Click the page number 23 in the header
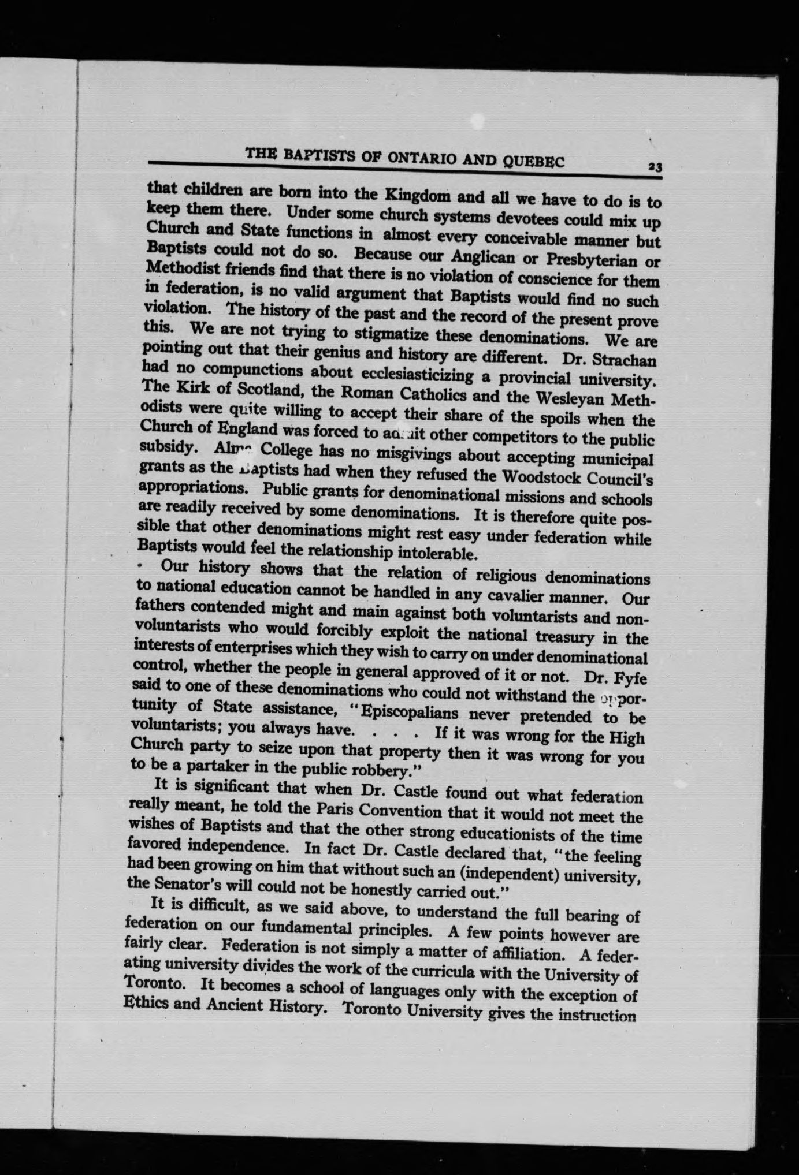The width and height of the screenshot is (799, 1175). [655, 167]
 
